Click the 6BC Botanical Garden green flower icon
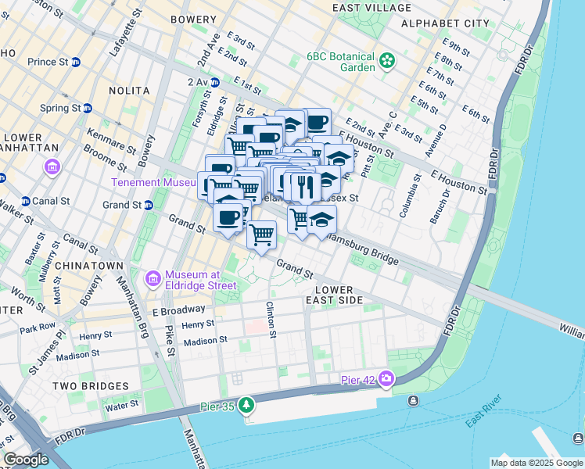386,60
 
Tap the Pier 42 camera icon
386,379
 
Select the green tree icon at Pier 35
247,404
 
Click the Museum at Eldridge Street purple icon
153,278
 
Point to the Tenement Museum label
153,182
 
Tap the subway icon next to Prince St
76,62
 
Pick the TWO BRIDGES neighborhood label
90,386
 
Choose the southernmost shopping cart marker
261,233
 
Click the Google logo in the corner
26,460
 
